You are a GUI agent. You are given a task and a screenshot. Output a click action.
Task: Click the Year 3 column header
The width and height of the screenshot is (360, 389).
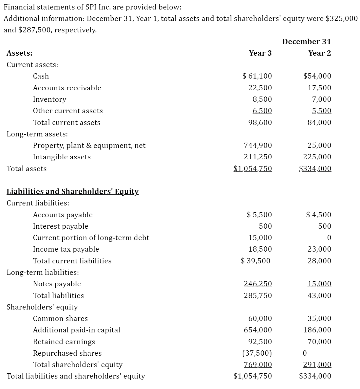(x=260, y=53)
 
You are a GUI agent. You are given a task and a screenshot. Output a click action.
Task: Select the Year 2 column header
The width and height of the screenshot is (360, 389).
(x=319, y=53)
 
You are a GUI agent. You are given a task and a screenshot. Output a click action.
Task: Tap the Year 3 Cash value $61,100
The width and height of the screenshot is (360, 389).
(x=257, y=76)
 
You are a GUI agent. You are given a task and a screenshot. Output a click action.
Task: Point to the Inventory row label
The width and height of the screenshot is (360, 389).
(x=49, y=99)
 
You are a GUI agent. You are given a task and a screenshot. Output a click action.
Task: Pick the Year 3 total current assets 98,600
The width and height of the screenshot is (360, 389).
(x=258, y=122)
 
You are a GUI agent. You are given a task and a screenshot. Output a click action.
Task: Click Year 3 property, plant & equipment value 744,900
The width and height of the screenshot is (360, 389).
(x=258, y=145)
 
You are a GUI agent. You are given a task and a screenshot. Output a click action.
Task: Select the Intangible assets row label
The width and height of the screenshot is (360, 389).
(x=62, y=157)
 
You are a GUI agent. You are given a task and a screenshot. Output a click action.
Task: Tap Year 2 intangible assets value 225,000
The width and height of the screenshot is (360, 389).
(x=317, y=157)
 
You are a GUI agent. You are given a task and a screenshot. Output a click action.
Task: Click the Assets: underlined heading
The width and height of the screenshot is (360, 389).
(x=20, y=53)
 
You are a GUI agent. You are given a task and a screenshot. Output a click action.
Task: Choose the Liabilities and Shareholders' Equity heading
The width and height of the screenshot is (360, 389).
(x=73, y=191)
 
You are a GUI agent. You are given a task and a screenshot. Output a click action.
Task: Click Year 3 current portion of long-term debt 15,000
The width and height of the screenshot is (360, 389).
(x=260, y=238)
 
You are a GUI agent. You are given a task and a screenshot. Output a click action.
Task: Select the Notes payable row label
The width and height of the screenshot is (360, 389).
(x=57, y=284)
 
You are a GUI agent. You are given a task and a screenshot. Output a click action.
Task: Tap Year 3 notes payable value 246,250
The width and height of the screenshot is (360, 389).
(x=258, y=284)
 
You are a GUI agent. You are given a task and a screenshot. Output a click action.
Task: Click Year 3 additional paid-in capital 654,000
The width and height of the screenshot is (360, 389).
(x=258, y=330)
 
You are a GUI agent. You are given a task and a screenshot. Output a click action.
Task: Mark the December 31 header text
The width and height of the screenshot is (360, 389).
(x=307, y=42)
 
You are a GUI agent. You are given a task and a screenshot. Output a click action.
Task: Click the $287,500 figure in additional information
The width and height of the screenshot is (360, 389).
(x=34, y=30)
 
